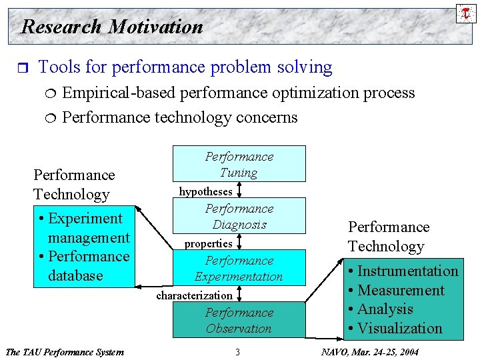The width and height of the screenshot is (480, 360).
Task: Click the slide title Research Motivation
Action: pyautogui.click(x=112, y=27)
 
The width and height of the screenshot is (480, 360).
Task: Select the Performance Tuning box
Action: pyautogui.click(x=239, y=164)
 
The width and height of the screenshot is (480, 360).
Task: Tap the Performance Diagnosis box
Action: pyautogui.click(x=239, y=216)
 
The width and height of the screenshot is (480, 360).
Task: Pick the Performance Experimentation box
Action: pyautogui.click(x=239, y=268)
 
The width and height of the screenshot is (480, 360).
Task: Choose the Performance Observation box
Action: pyautogui.click(x=239, y=320)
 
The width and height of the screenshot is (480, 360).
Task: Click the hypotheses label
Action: pyautogui.click(x=205, y=191)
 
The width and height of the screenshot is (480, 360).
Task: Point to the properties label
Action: pyautogui.click(x=208, y=244)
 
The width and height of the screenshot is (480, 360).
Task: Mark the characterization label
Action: pyautogui.click(x=194, y=295)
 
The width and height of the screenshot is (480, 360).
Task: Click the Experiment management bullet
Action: pyautogui.click(x=84, y=228)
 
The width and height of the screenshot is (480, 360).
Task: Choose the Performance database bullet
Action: pyautogui.click(x=84, y=266)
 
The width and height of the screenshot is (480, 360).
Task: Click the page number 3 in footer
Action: pyautogui.click(x=237, y=352)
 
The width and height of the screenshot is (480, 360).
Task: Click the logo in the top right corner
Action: pyautogui.click(x=465, y=13)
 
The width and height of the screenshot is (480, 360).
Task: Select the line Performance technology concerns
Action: pyautogui.click(x=179, y=118)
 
